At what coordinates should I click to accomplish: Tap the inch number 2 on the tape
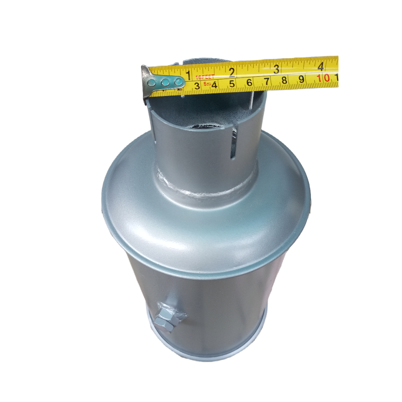coord(232,71)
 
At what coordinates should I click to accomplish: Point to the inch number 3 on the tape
coord(276,69)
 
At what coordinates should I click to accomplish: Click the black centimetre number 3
coord(197,86)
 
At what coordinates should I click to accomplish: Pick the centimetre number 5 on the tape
coord(232,84)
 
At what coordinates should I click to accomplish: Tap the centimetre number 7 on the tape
coord(267,82)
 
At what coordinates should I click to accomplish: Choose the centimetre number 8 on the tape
coord(284,80)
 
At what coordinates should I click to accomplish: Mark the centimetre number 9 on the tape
coord(301,79)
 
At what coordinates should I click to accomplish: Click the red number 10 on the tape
coord(323,78)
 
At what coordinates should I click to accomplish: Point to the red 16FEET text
coord(205,77)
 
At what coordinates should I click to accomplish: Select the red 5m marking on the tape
coord(207,84)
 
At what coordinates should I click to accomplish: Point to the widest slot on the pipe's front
coord(233,143)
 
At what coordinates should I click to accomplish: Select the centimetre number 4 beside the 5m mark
coord(214,85)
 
